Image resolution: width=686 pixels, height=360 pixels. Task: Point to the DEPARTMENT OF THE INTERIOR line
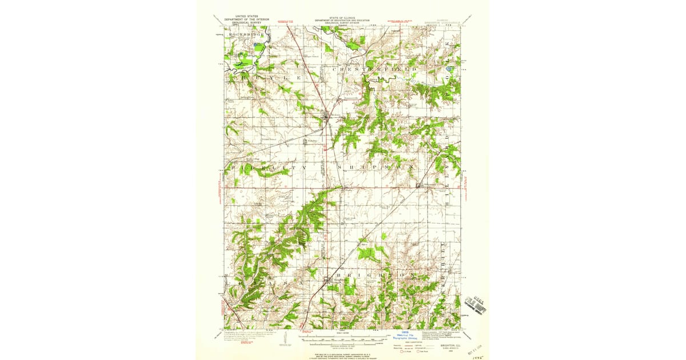[x=246, y=19]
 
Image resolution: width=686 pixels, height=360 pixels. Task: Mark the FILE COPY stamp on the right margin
[x=476, y=301]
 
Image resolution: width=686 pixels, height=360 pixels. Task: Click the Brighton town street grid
[x=328, y=281]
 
